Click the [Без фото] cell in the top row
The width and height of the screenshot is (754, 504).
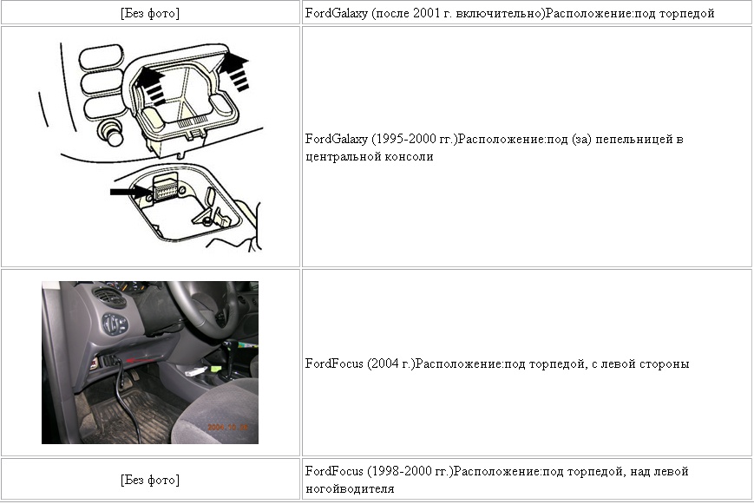coord(150,13)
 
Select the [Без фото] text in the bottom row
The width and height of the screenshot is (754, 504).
coord(150,480)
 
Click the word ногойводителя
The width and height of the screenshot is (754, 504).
coord(350,489)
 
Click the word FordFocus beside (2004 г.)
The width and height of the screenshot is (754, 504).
coord(334,363)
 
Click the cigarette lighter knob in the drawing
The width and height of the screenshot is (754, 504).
coord(111,133)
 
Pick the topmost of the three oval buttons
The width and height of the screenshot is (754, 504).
coord(102,58)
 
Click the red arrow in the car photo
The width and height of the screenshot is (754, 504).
coord(141,359)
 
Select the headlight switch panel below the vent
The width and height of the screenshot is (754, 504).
coord(115,324)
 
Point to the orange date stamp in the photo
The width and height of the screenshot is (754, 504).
coord(228,427)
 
